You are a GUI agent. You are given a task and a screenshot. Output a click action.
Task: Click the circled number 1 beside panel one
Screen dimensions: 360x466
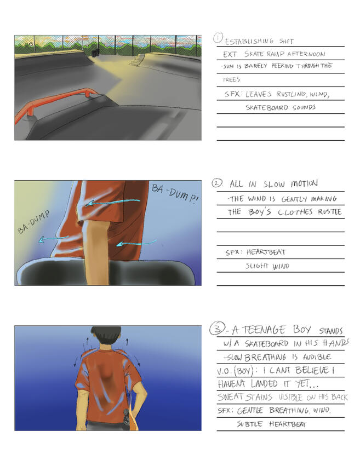click(x=218, y=38)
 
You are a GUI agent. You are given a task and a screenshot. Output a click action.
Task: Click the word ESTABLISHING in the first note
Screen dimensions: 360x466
click(x=249, y=41)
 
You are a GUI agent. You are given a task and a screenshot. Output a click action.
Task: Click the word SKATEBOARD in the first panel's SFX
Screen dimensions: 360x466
click(x=267, y=107)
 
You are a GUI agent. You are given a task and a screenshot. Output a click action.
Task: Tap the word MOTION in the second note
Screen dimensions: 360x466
click(x=304, y=183)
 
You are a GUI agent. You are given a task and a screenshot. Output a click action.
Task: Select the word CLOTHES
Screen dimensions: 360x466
click(x=295, y=212)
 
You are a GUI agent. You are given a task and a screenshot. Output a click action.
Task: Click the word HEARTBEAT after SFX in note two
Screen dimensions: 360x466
click(x=266, y=252)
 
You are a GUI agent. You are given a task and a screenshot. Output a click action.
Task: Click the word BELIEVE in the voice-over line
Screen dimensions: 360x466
click(x=312, y=370)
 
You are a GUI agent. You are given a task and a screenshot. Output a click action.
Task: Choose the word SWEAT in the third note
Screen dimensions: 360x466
click(x=230, y=397)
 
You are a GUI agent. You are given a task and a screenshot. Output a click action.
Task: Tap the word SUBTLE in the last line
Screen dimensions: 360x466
click(x=249, y=424)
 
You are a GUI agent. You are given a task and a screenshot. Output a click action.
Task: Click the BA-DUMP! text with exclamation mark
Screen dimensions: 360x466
click(x=174, y=194)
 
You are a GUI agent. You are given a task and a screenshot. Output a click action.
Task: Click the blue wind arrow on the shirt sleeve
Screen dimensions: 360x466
click(x=113, y=202)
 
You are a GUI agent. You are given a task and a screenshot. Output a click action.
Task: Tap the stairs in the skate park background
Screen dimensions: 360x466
click(x=136, y=60)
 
